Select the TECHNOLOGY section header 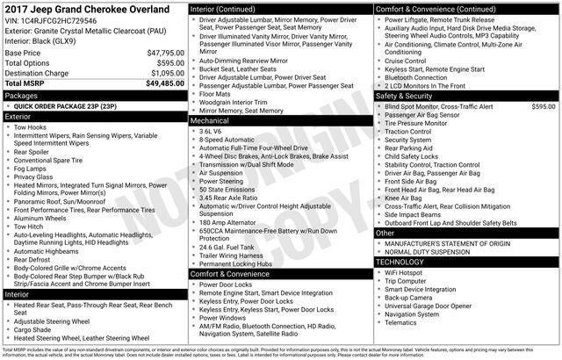[x=405, y=262]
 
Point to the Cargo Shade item [x=39, y=329]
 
